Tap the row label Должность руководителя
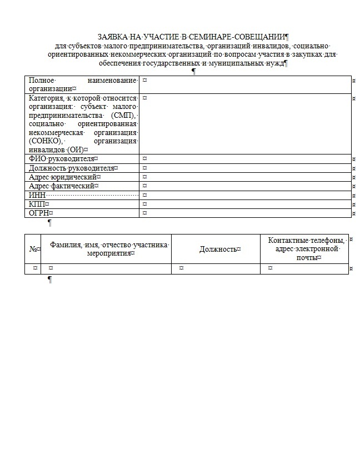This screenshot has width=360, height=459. tap(72, 168)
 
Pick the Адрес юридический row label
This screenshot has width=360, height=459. tap(63, 177)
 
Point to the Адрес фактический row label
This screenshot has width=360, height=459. tap(63, 186)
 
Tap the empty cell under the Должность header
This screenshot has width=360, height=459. tap(216, 268)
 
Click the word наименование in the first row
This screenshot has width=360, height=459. tap(114, 81)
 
